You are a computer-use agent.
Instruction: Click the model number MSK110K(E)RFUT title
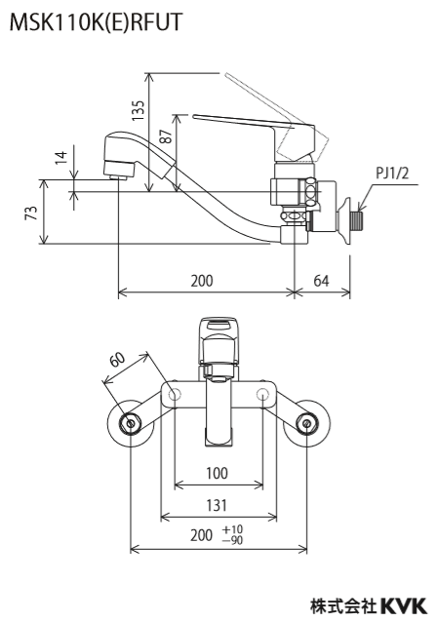pos(96,22)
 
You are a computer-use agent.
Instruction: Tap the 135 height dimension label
pos(139,110)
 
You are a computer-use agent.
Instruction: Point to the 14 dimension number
pos(61,158)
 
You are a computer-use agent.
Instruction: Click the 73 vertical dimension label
pos(33,213)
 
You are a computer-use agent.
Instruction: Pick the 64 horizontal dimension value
pos(321,281)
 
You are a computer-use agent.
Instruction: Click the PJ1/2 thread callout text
pos(392,174)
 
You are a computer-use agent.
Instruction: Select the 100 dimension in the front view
pos(217,473)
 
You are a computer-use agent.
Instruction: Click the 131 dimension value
pos(217,505)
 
